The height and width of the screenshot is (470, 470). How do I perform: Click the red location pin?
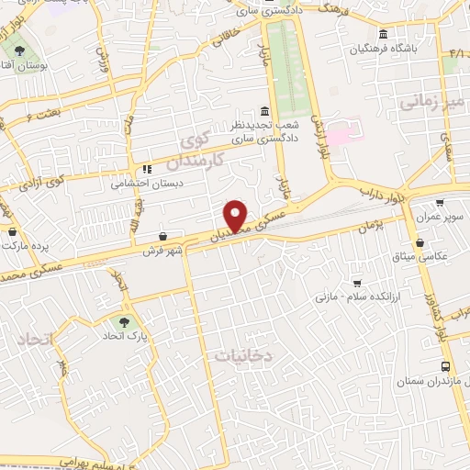pyautogui.click(x=237, y=216)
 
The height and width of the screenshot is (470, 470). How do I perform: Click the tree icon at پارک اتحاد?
pyautogui.click(x=122, y=321)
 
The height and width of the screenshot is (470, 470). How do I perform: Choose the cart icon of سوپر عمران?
pyautogui.click(x=440, y=202)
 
